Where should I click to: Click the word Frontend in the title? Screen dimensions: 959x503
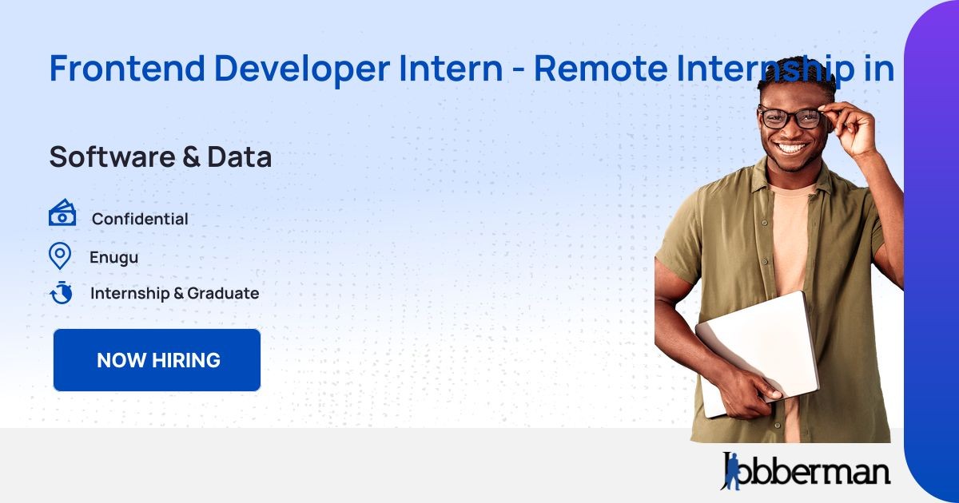tap(127, 68)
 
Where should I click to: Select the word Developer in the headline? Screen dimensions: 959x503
tap(302, 70)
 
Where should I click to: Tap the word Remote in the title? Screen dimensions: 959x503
tap(601, 69)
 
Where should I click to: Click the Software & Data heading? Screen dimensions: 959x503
tap(161, 156)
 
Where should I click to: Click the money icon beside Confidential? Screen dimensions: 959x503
tap(62, 212)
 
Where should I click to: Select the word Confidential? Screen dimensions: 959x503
tap(140, 219)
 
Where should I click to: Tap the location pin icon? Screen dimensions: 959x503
tap(60, 256)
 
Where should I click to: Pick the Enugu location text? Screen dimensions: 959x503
tap(113, 257)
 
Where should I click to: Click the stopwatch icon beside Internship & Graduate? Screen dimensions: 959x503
tap(62, 292)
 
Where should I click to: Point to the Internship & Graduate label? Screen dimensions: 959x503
tap(175, 294)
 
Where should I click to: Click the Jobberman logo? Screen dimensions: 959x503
tap(806, 471)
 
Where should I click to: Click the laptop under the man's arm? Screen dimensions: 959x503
tap(758, 353)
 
